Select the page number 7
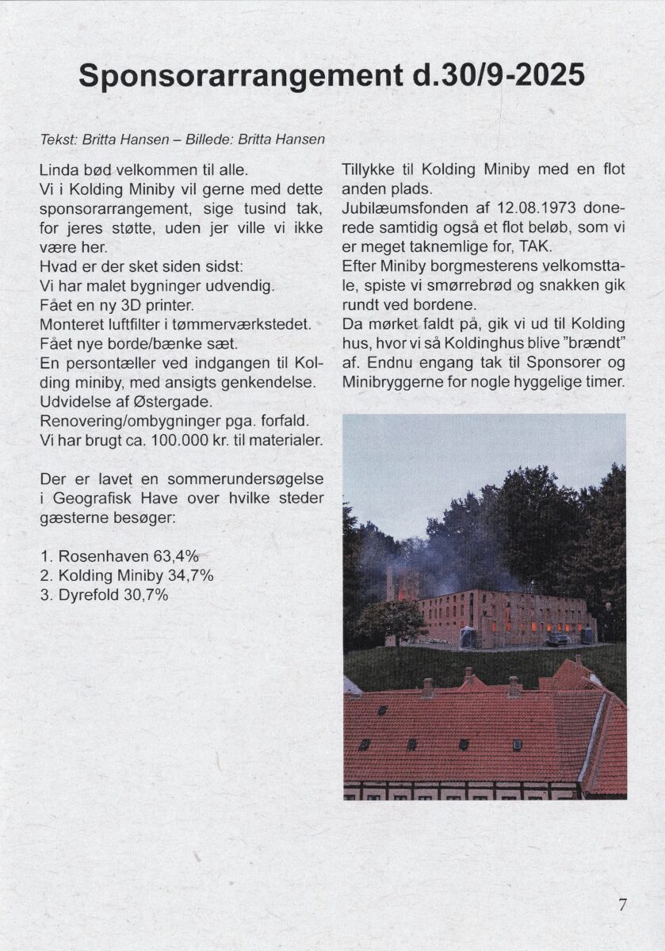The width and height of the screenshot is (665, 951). [x=622, y=904]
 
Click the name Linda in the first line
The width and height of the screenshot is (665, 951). [x=55, y=170]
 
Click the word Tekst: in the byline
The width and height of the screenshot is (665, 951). [x=56, y=139]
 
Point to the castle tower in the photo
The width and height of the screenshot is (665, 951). [x=403, y=584]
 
